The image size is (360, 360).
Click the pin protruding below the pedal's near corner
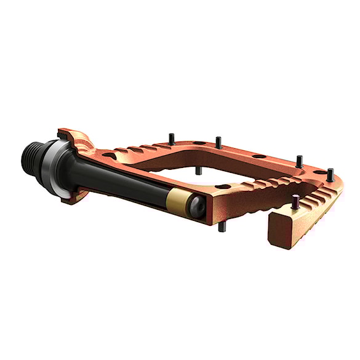coord(222,226)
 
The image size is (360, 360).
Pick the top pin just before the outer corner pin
coord(298,161)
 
